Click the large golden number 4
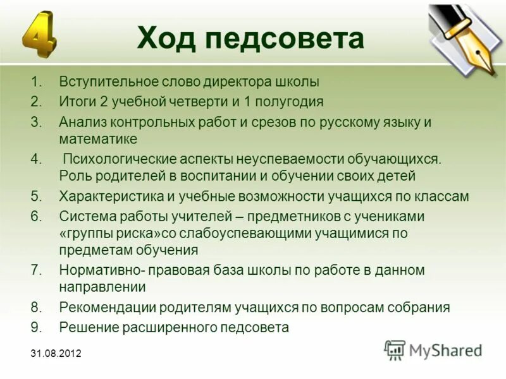click(x=39, y=35)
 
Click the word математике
click(x=98, y=138)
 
